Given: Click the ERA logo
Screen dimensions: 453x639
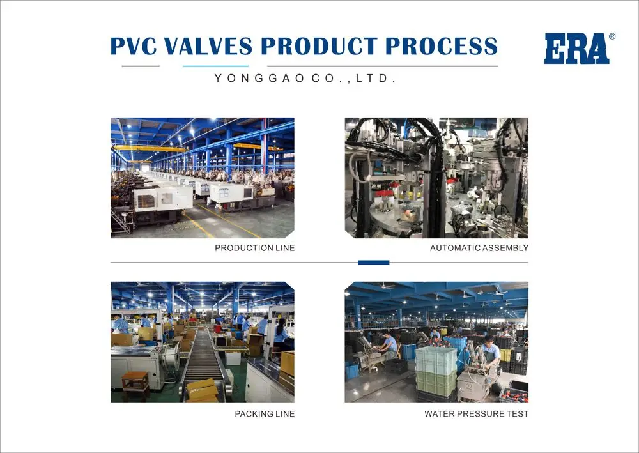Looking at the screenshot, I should [576, 49].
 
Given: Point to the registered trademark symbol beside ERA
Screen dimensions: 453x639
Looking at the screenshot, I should [612, 36].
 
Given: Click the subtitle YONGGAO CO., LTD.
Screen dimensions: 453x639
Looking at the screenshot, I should [305, 79].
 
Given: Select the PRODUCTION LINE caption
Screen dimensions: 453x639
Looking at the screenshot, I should [254, 248].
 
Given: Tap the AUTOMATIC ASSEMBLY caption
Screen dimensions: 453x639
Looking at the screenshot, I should [479, 248].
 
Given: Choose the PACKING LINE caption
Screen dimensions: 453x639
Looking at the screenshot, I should [265, 414].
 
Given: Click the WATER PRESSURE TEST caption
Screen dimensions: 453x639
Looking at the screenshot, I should [476, 414].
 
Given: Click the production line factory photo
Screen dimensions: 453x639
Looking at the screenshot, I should [202, 178].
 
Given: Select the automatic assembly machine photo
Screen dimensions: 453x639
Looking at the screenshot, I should [436, 178].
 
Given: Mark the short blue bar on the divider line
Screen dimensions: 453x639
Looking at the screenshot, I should [373, 263].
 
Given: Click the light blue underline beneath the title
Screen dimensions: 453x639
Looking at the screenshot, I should [215, 66].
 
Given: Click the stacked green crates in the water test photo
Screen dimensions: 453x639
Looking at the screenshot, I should [436, 371].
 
